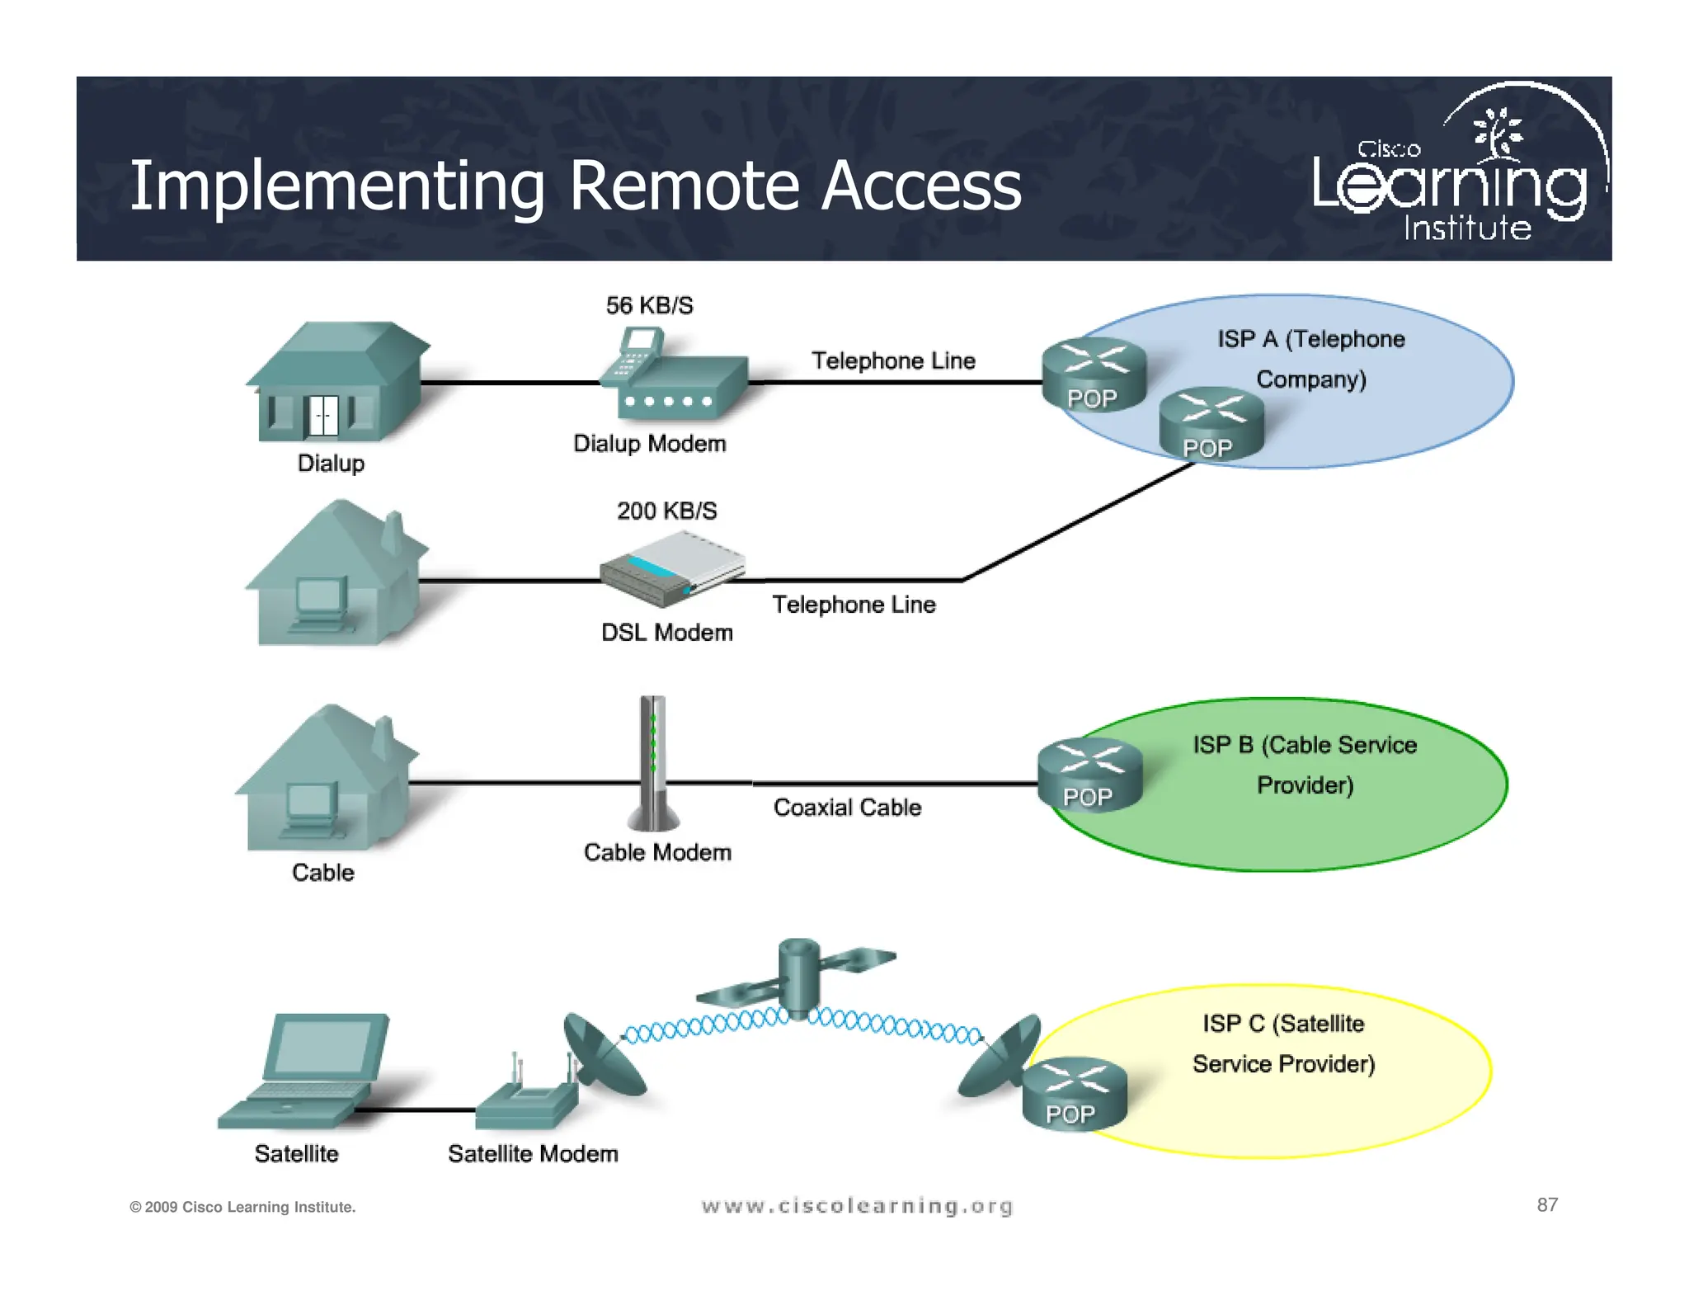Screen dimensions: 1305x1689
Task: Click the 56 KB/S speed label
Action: [649, 305]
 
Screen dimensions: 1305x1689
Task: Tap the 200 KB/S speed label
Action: [666, 511]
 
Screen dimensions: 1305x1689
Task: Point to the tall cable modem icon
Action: [653, 763]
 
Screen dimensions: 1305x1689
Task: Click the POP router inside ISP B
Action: [1089, 775]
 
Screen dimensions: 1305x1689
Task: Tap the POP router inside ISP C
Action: [1074, 1093]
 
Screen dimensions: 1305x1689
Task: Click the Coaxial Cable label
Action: [847, 807]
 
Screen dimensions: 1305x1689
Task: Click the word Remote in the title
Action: [685, 186]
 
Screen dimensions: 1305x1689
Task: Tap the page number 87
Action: [1547, 1204]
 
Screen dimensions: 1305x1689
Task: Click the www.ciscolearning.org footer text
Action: [857, 1206]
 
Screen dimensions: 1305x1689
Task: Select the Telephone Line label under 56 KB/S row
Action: [893, 360]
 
